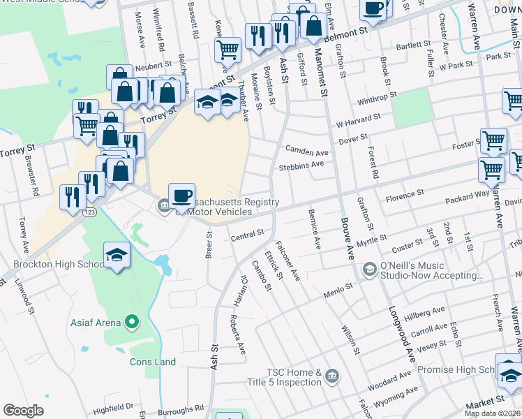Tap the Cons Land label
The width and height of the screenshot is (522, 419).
tap(153, 362)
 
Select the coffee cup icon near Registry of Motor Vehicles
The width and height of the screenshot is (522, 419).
tap(181, 196)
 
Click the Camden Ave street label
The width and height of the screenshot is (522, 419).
tap(306, 152)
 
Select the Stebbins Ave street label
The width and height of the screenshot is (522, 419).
tap(301, 166)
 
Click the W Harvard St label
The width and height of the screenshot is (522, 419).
tap(357, 121)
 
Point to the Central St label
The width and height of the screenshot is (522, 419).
tap(247, 233)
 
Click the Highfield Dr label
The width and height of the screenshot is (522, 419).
tap(113, 406)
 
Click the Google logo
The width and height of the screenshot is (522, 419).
tap(24, 411)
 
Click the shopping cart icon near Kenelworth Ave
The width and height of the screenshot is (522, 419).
tap(228, 50)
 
